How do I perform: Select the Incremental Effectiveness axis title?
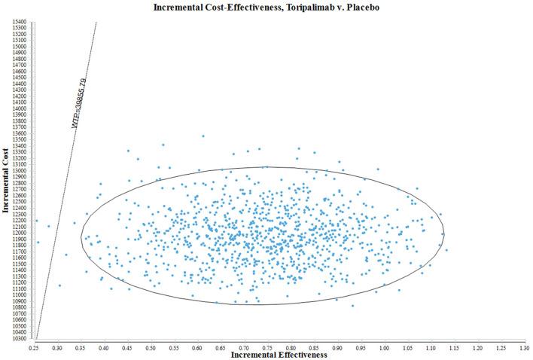(x=279, y=355)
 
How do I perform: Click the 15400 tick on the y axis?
(x=20, y=22)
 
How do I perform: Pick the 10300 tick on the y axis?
(x=20, y=339)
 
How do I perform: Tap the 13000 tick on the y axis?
(x=20, y=171)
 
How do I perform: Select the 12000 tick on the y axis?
(x=20, y=233)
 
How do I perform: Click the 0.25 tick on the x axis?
(x=34, y=348)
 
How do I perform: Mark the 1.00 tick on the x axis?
(x=385, y=348)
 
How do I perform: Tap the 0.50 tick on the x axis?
(x=151, y=348)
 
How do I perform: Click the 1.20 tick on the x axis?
(x=478, y=348)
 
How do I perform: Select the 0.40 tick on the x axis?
(x=104, y=348)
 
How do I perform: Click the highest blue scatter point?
(x=203, y=136)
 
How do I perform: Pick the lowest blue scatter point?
(x=352, y=305)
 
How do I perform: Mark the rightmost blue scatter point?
(x=446, y=250)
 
